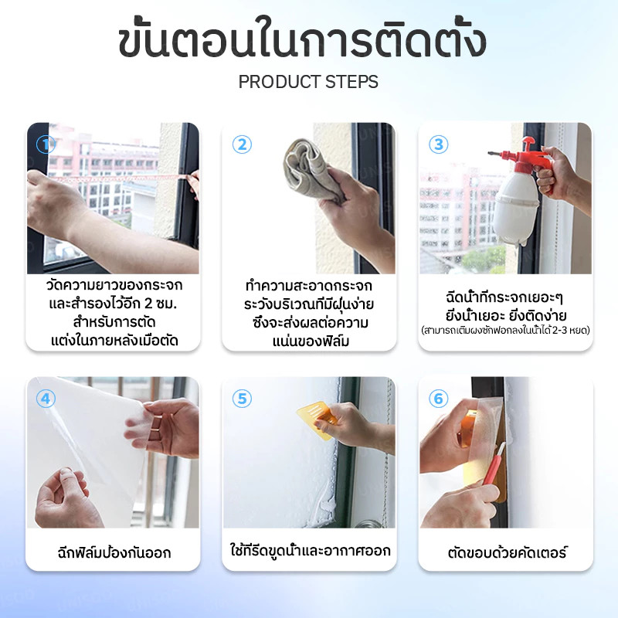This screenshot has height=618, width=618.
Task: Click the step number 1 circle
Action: pyautogui.click(x=46, y=144)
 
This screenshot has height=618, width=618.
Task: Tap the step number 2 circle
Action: pyautogui.click(x=242, y=144)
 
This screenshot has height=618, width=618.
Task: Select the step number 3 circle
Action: pyautogui.click(x=438, y=144)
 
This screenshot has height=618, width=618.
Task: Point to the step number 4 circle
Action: pyautogui.click(x=46, y=399)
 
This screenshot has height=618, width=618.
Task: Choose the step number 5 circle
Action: pyautogui.click(x=242, y=399)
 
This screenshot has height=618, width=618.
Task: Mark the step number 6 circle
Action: pyautogui.click(x=438, y=399)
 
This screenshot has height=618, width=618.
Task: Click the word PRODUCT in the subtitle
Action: pyautogui.click(x=274, y=82)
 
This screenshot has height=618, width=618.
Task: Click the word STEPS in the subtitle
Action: pyautogui.click(x=346, y=82)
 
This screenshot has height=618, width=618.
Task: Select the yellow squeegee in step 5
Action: pyautogui.click(x=316, y=419)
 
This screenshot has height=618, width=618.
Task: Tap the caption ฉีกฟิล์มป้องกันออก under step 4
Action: pyautogui.click(x=114, y=552)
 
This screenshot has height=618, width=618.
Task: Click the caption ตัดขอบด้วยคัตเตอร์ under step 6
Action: pyautogui.click(x=508, y=552)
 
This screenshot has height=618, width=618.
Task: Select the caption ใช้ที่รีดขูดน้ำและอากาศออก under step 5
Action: pyautogui.click(x=311, y=550)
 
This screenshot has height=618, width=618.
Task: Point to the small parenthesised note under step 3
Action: pyautogui.click(x=505, y=330)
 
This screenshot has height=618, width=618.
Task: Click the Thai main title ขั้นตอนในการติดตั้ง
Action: pyautogui.click(x=302, y=40)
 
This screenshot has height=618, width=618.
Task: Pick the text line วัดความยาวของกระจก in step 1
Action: pyautogui.click(x=114, y=284)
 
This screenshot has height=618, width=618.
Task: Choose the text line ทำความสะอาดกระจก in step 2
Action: pyautogui.click(x=308, y=285)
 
